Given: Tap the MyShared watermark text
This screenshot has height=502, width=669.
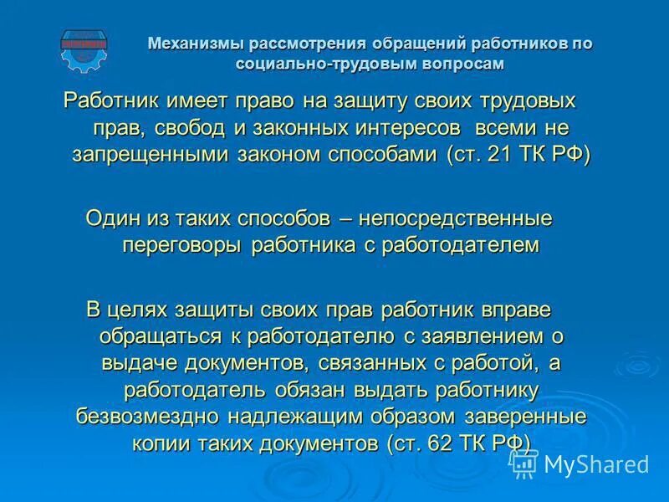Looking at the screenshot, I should tap(596, 464).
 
